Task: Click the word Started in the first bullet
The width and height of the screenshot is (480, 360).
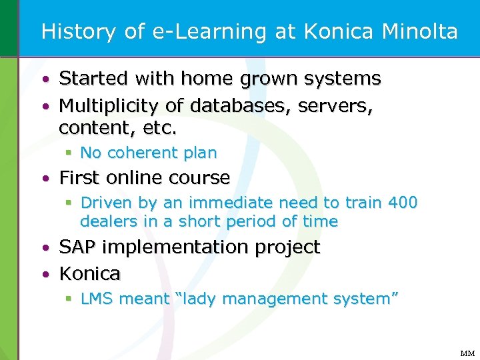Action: point(93,79)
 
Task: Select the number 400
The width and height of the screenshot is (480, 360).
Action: point(401,202)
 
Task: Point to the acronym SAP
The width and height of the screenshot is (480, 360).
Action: point(77,247)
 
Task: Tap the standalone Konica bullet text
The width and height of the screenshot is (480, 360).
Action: point(90,273)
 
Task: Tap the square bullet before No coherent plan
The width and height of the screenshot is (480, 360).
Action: point(69,153)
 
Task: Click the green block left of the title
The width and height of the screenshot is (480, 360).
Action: point(9,28)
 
